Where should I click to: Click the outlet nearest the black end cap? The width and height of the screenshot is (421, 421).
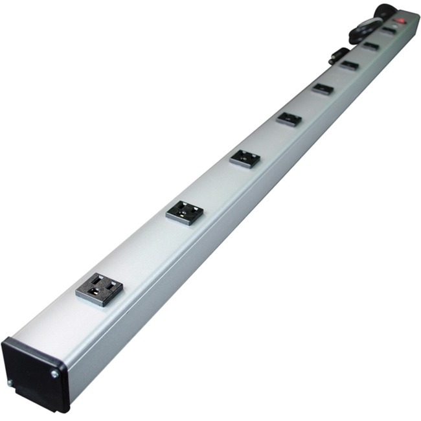[x=99, y=289]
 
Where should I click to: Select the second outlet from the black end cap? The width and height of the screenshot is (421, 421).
[x=184, y=212]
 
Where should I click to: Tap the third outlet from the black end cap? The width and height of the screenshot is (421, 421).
[x=245, y=158]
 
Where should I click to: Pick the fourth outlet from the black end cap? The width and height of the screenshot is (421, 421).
[x=289, y=119]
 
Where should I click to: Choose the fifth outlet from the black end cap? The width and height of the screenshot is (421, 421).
[x=323, y=89]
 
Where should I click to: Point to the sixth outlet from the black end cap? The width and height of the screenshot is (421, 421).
[x=349, y=65]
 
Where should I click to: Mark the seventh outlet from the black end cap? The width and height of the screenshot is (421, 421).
[x=370, y=46]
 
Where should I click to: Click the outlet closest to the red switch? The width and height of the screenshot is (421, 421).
[x=388, y=30]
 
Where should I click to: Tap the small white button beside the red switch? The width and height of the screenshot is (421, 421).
[x=395, y=25]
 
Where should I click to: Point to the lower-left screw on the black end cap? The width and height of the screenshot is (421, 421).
[x=9, y=383]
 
